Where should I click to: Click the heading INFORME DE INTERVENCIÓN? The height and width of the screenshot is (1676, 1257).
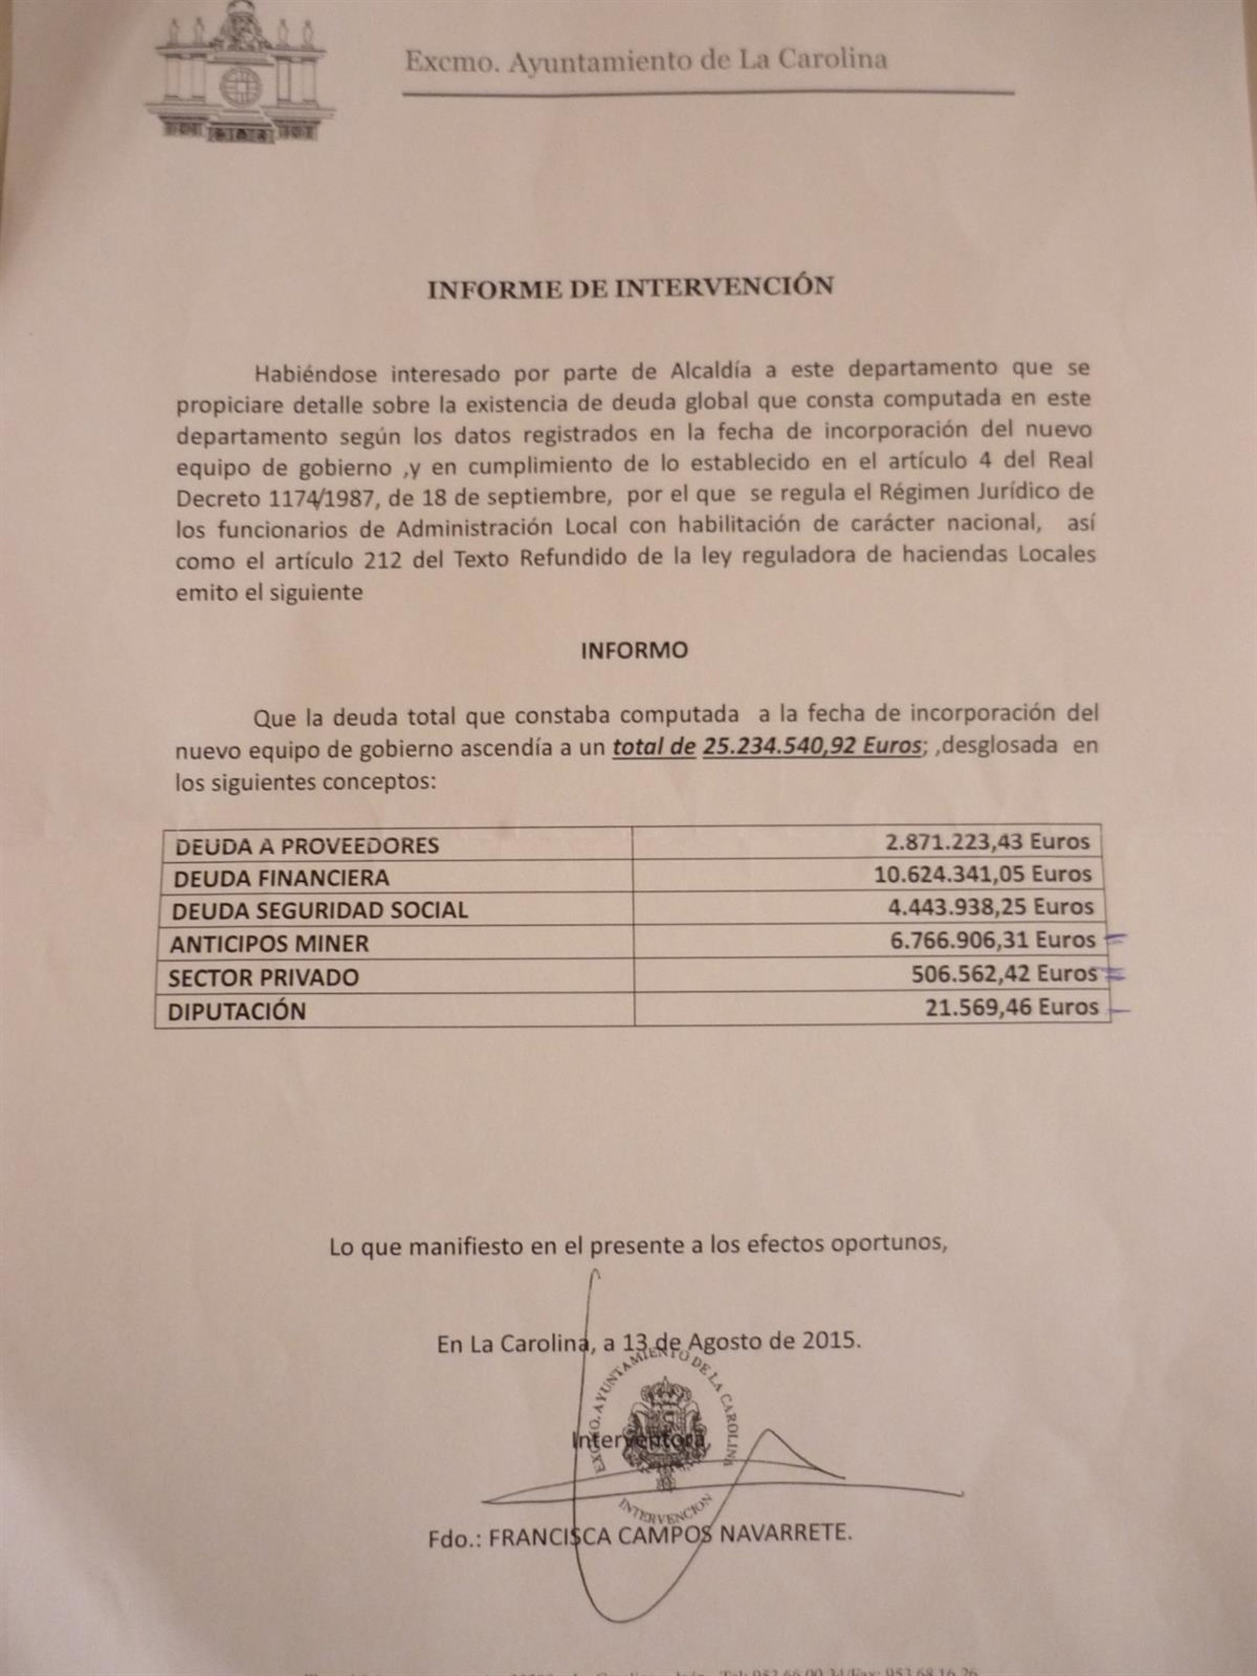tap(630, 288)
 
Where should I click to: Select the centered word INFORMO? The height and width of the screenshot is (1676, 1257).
tap(634, 651)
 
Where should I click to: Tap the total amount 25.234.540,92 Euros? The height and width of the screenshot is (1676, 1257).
tap(811, 746)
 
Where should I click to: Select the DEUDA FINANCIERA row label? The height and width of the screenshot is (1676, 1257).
tap(281, 878)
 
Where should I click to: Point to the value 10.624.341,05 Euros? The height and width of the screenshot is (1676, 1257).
tap(982, 875)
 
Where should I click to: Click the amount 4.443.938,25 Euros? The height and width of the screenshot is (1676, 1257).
tap(992, 907)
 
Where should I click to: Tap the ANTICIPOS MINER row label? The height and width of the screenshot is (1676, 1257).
tap(269, 944)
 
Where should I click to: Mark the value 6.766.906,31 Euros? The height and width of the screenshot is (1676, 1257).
tap(993, 940)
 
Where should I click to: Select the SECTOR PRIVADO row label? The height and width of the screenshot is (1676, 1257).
tap(263, 977)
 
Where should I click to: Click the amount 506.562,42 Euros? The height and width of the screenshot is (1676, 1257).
tap(1004, 974)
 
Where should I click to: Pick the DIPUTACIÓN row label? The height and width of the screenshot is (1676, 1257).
tap(236, 1011)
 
